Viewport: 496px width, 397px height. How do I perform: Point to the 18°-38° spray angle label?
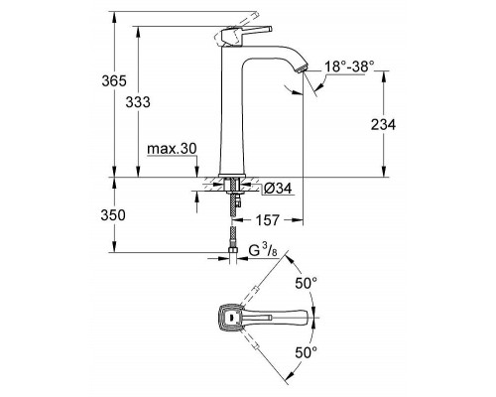click(x=350, y=66)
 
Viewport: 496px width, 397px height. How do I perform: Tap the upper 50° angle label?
click(x=308, y=283)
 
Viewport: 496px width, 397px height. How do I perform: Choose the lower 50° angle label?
click(x=308, y=351)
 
